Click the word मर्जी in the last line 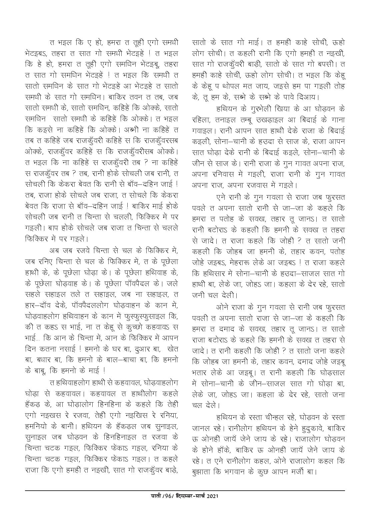coord(326,473)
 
